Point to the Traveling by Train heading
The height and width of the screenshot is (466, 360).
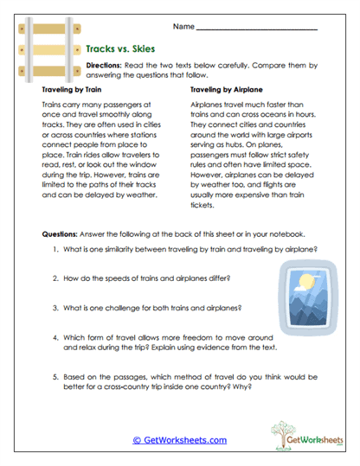(x=74, y=89)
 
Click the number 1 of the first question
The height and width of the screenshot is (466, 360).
(x=54, y=250)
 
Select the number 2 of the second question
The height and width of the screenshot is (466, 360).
(x=54, y=278)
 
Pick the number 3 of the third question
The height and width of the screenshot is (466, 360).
(x=54, y=307)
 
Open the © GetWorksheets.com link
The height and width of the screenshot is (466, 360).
(x=179, y=440)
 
